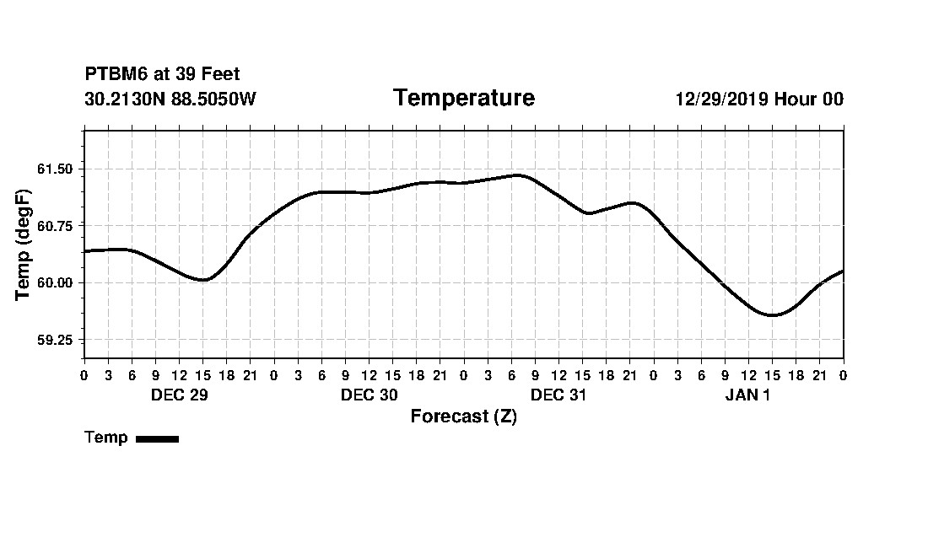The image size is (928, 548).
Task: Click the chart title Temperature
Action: (463, 99)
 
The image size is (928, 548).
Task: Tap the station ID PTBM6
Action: (116, 74)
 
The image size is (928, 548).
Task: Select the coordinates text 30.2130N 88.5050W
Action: (170, 99)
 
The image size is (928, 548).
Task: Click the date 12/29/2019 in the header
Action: (721, 99)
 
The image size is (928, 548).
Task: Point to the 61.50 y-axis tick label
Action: (56, 169)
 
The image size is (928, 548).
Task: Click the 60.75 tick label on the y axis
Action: (56, 226)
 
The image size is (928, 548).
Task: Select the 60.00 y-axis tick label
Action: (56, 282)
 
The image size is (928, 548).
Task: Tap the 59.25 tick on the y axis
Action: (56, 340)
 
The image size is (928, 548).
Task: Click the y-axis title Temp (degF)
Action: (24, 244)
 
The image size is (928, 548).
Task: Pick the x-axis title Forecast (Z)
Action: (463, 416)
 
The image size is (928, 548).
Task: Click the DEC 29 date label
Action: (179, 395)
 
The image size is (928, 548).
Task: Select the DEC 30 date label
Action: (369, 395)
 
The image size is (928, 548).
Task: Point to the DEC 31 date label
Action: (558, 395)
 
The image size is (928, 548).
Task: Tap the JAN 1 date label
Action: (747, 395)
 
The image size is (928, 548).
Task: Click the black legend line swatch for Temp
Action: (157, 438)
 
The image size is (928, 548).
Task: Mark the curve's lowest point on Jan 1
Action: (771, 315)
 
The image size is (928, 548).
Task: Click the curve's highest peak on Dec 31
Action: (516, 175)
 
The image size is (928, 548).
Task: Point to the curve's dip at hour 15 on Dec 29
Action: (202, 280)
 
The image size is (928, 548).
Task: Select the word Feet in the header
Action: (221, 74)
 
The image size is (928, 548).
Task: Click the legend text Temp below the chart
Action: (106, 438)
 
